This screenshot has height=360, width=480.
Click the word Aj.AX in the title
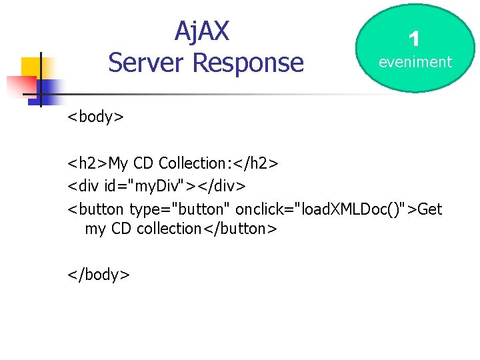202,31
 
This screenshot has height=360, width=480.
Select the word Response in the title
248,63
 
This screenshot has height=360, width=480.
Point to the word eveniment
415,62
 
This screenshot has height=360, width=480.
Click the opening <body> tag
95,117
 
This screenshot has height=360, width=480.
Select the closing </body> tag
98,274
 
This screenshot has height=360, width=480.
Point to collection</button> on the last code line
207,229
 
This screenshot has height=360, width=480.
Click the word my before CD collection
96,229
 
